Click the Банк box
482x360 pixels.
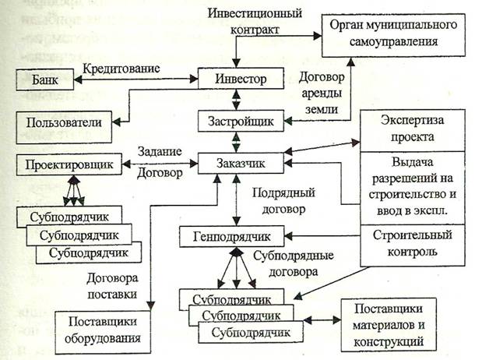[44, 79]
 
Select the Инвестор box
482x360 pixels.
[236, 79]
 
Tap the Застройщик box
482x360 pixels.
[235, 121]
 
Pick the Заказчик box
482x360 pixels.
[236, 164]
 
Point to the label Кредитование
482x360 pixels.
[124, 68]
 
